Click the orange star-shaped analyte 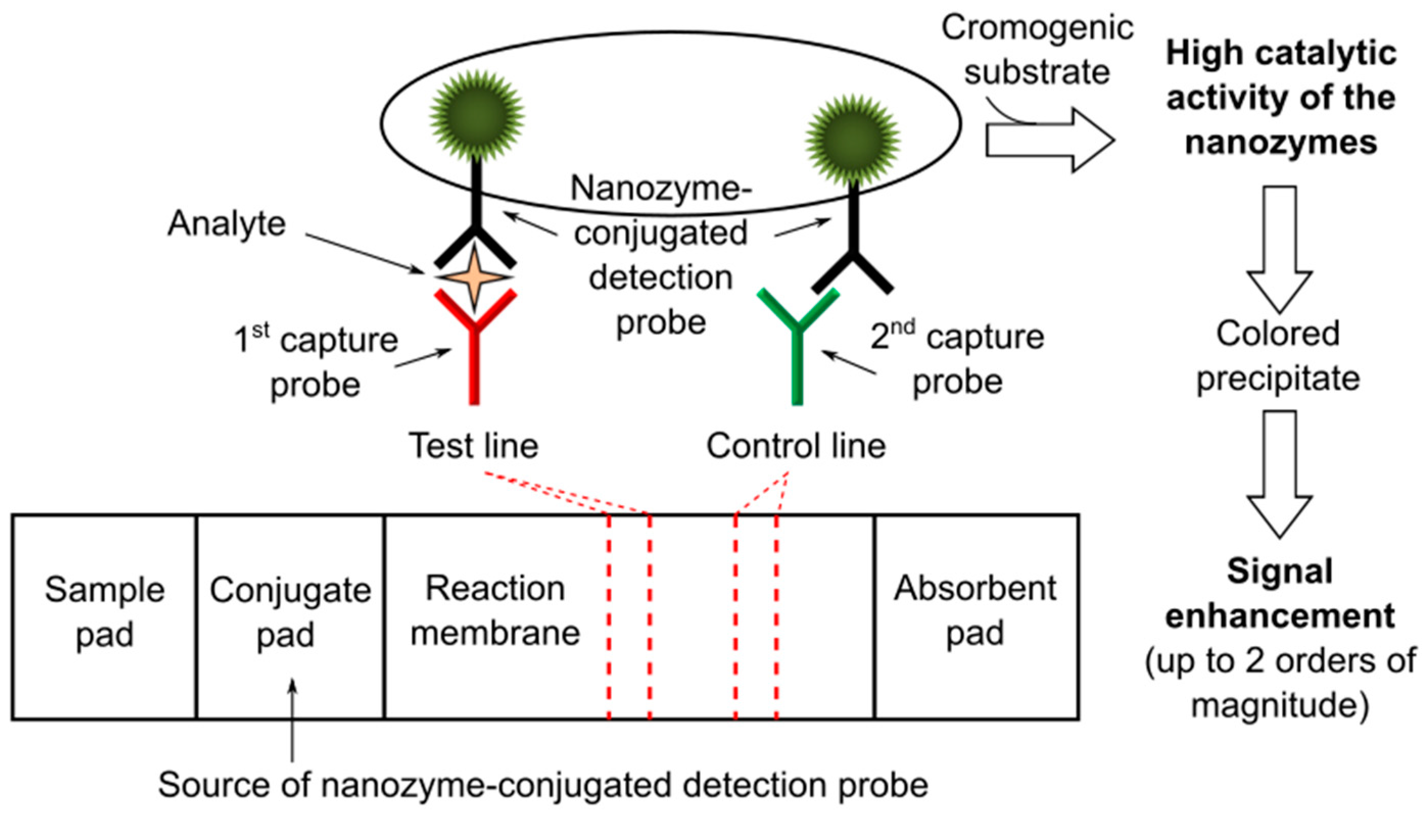[x=474, y=277]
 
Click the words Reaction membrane [x=495, y=611]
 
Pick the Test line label [x=473, y=446]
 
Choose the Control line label [x=796, y=446]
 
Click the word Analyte [x=227, y=223]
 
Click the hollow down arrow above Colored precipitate [x=1279, y=248]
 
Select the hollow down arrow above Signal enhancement [x=1279, y=473]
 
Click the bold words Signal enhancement [x=1279, y=593]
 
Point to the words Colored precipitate [x=1278, y=356]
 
